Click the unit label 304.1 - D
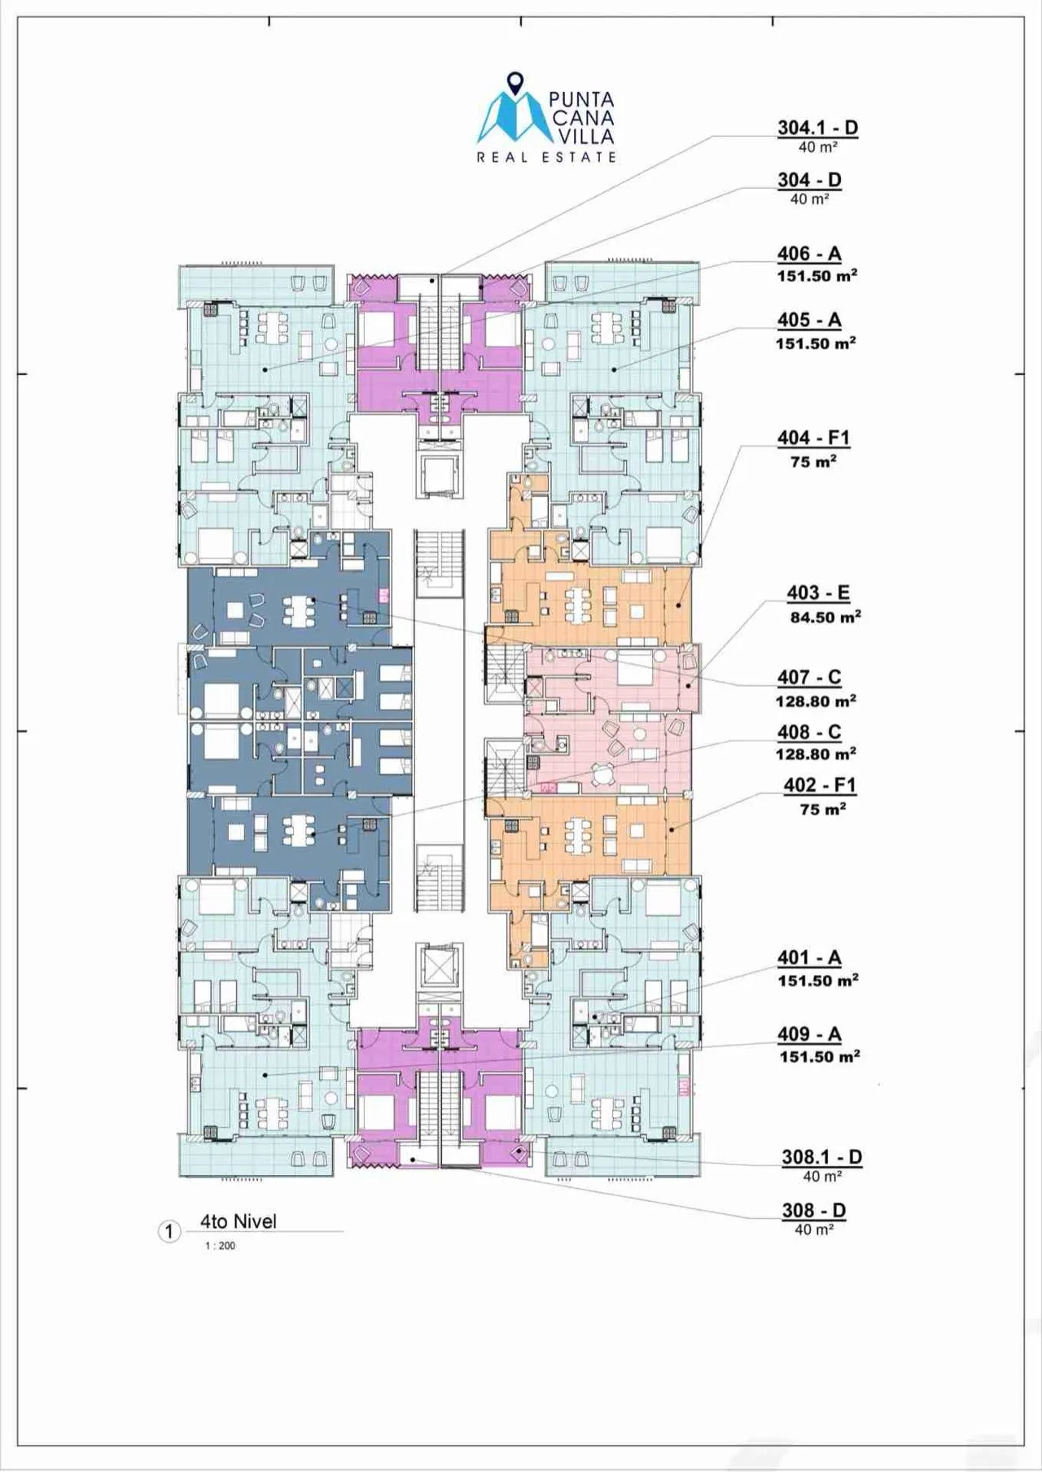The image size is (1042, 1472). [x=817, y=128]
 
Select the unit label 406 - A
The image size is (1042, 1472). [x=809, y=254]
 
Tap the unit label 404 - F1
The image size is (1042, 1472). [x=813, y=438]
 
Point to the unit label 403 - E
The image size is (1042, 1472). [x=818, y=593]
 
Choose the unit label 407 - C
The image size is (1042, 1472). [x=809, y=677]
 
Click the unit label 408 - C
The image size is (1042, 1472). [x=809, y=732]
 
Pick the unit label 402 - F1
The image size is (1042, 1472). [x=820, y=785]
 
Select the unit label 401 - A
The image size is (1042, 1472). [x=809, y=959]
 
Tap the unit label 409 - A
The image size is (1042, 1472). [x=809, y=1034]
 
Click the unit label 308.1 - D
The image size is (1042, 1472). [x=821, y=1157]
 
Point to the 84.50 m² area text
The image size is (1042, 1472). [x=825, y=617]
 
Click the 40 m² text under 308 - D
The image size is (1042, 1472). [x=814, y=1230]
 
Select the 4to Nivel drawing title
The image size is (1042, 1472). [x=239, y=1221]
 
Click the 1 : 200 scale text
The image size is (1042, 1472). [x=220, y=1246]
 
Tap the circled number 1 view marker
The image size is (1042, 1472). [x=169, y=1232]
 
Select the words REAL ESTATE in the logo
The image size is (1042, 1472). [x=546, y=156]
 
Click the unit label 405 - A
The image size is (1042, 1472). [x=809, y=321]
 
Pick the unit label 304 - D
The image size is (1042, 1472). [x=809, y=181]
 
